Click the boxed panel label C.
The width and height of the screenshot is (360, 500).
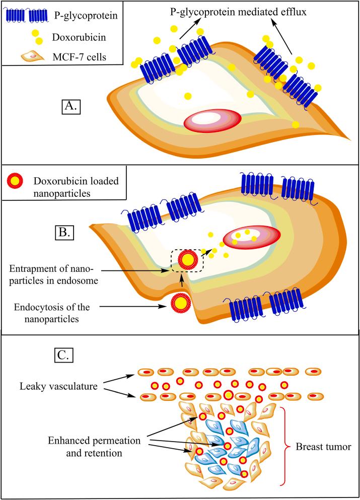(x=64, y=354)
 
